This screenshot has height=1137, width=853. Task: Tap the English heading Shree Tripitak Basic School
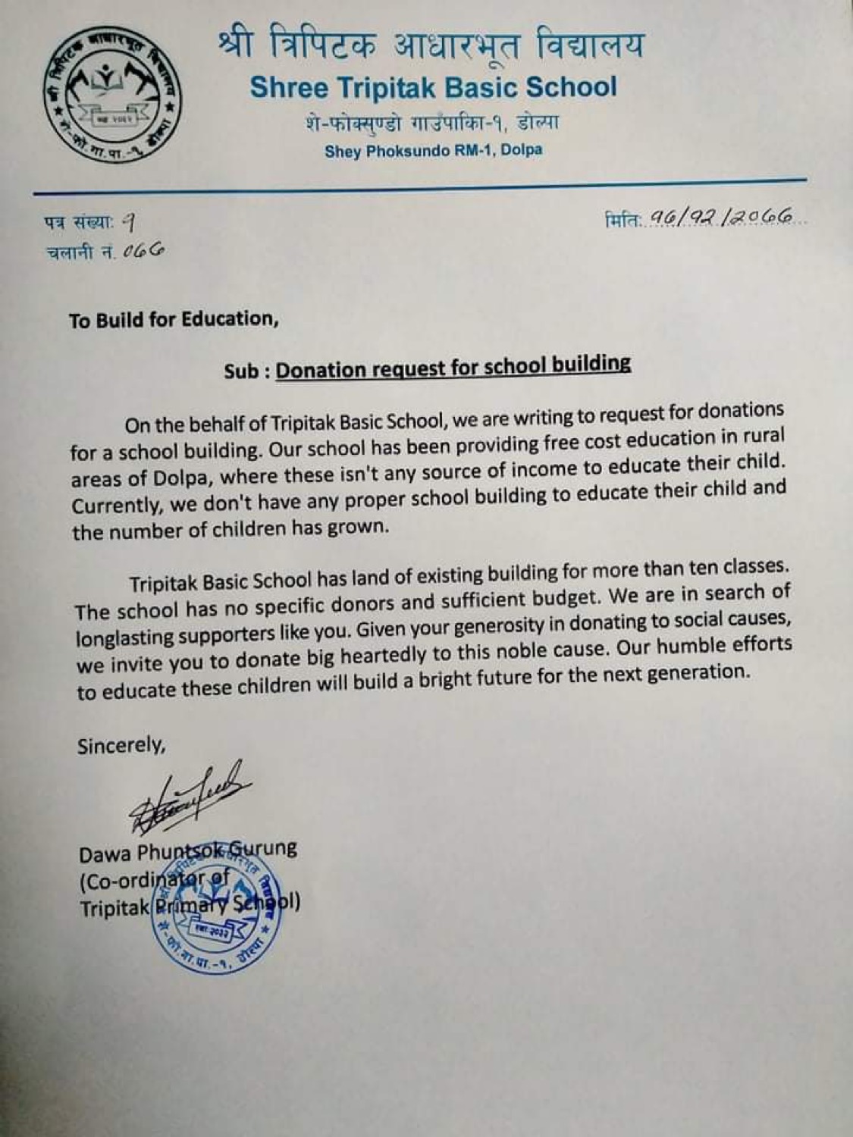[433, 87]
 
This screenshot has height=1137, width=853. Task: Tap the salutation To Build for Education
[174, 319]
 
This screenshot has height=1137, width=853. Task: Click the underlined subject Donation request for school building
[453, 367]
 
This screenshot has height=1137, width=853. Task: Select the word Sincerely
[121, 746]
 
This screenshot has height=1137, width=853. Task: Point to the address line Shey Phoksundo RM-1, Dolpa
[433, 150]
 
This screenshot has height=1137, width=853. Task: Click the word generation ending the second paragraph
[700, 673]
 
